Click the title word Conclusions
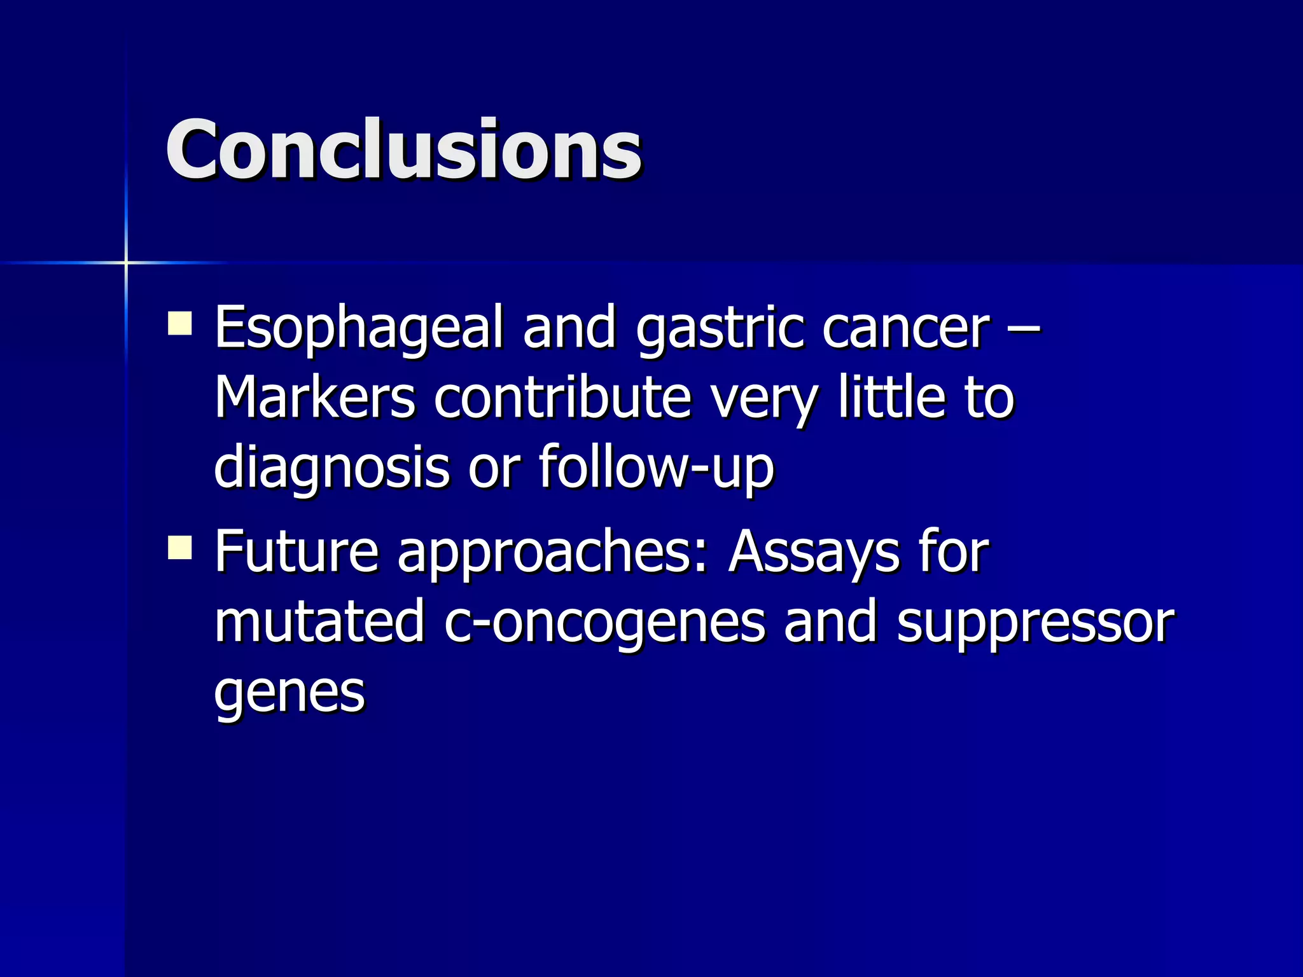coord(403,150)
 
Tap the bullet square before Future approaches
coord(180,547)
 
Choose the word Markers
coord(315,399)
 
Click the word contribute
coord(562,399)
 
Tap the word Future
coord(296,552)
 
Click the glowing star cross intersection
coord(126,262)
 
